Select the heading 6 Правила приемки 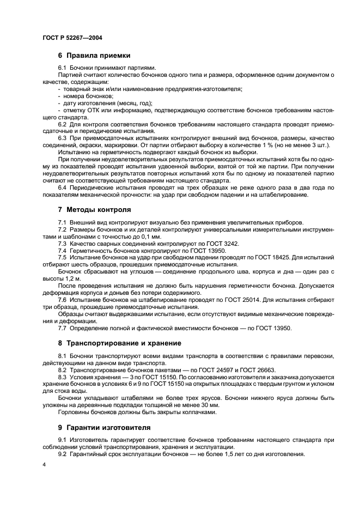pos(93,56)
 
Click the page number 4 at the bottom pos(44,464)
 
